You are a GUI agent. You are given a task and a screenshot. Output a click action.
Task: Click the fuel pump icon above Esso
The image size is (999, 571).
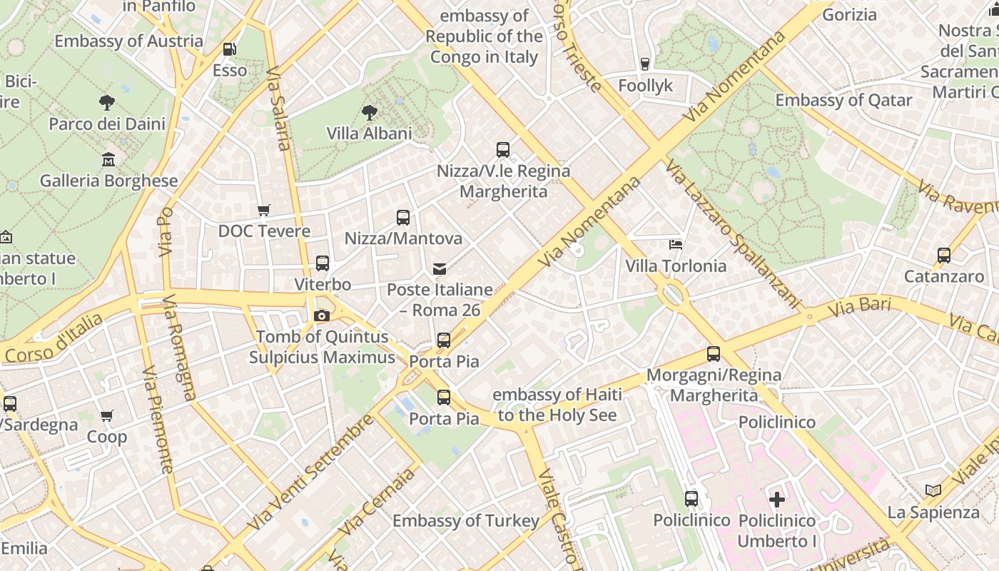pos(230,49)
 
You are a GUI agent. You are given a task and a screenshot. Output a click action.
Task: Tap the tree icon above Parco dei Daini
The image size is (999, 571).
pos(107,103)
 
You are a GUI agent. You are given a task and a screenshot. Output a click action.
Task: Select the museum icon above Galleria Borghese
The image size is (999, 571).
pos(108,159)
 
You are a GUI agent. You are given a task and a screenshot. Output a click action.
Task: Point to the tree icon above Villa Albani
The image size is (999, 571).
pos(369,112)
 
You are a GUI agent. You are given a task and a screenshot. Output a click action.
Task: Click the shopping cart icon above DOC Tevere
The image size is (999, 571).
pos(264,210)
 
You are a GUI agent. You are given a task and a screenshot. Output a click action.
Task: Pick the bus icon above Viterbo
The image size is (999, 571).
pos(323,263)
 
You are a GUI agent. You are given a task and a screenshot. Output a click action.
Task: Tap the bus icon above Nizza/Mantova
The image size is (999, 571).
pos(403,217)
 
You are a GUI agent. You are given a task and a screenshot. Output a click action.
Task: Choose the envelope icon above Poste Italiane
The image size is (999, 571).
pos(440,269)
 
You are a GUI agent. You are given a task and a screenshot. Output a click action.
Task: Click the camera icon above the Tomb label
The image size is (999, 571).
pos(322,315)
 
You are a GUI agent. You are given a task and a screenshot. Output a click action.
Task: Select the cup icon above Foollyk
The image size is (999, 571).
pos(645,64)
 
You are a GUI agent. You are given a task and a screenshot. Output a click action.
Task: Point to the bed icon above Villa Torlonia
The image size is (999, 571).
pos(676,245)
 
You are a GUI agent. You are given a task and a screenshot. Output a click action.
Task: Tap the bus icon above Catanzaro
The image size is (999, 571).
pos(944,255)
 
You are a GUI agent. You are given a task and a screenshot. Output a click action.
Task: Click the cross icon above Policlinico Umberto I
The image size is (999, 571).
pos(776,499)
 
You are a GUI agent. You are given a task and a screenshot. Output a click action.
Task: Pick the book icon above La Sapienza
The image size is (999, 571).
pos(933,491)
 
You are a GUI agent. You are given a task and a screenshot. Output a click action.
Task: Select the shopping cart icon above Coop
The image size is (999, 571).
pos(107,415)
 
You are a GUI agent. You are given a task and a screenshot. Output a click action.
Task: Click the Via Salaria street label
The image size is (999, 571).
pos(278,109)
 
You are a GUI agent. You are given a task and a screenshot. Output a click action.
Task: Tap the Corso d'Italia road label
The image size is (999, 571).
pos(54,341)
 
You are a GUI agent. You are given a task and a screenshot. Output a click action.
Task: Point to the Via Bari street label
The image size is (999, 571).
pos(861,309)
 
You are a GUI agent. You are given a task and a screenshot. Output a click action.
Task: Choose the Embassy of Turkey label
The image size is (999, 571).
pos(465,520)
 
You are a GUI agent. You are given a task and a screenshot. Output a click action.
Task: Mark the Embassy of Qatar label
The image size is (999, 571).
pos(843,100)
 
